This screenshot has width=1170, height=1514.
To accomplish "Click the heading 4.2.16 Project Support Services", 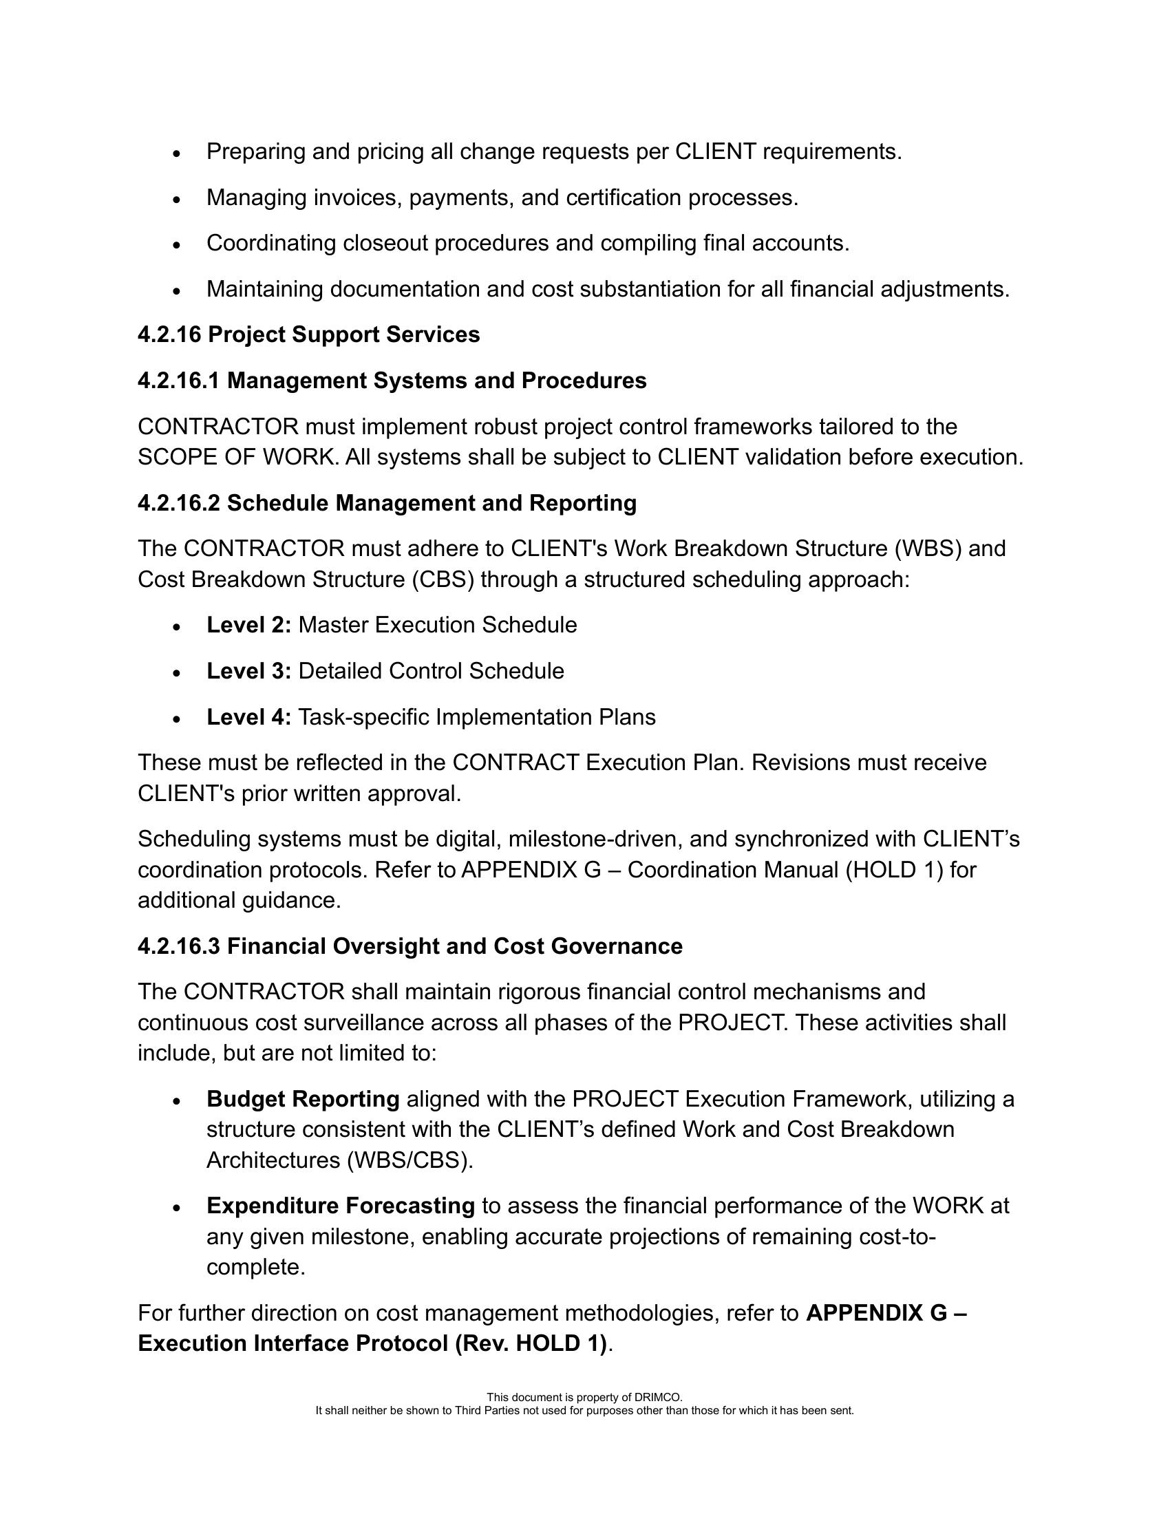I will (x=308, y=335).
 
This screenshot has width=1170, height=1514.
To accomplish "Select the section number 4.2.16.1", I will (x=179, y=381).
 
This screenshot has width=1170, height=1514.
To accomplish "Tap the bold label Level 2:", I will (x=249, y=626).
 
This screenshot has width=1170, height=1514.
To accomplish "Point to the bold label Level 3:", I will (x=249, y=671).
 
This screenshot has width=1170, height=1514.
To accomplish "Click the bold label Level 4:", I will (x=249, y=717).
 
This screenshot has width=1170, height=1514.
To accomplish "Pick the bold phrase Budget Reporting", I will (x=303, y=1100).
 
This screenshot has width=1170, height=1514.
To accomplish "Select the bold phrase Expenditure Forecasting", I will (x=340, y=1206).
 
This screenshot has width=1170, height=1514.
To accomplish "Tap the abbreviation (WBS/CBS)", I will (x=409, y=1160).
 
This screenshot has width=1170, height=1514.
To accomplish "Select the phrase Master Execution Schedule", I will (x=437, y=626).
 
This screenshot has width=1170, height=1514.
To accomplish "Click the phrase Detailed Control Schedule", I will (x=431, y=671).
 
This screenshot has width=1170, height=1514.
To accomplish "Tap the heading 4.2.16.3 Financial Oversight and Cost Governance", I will (x=409, y=946).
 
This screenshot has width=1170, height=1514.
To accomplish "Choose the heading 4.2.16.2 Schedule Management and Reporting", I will (x=387, y=503).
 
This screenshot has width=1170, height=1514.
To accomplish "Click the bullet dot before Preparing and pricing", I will (x=178, y=153).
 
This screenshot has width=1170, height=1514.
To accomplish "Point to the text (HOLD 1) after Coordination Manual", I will (x=894, y=870).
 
